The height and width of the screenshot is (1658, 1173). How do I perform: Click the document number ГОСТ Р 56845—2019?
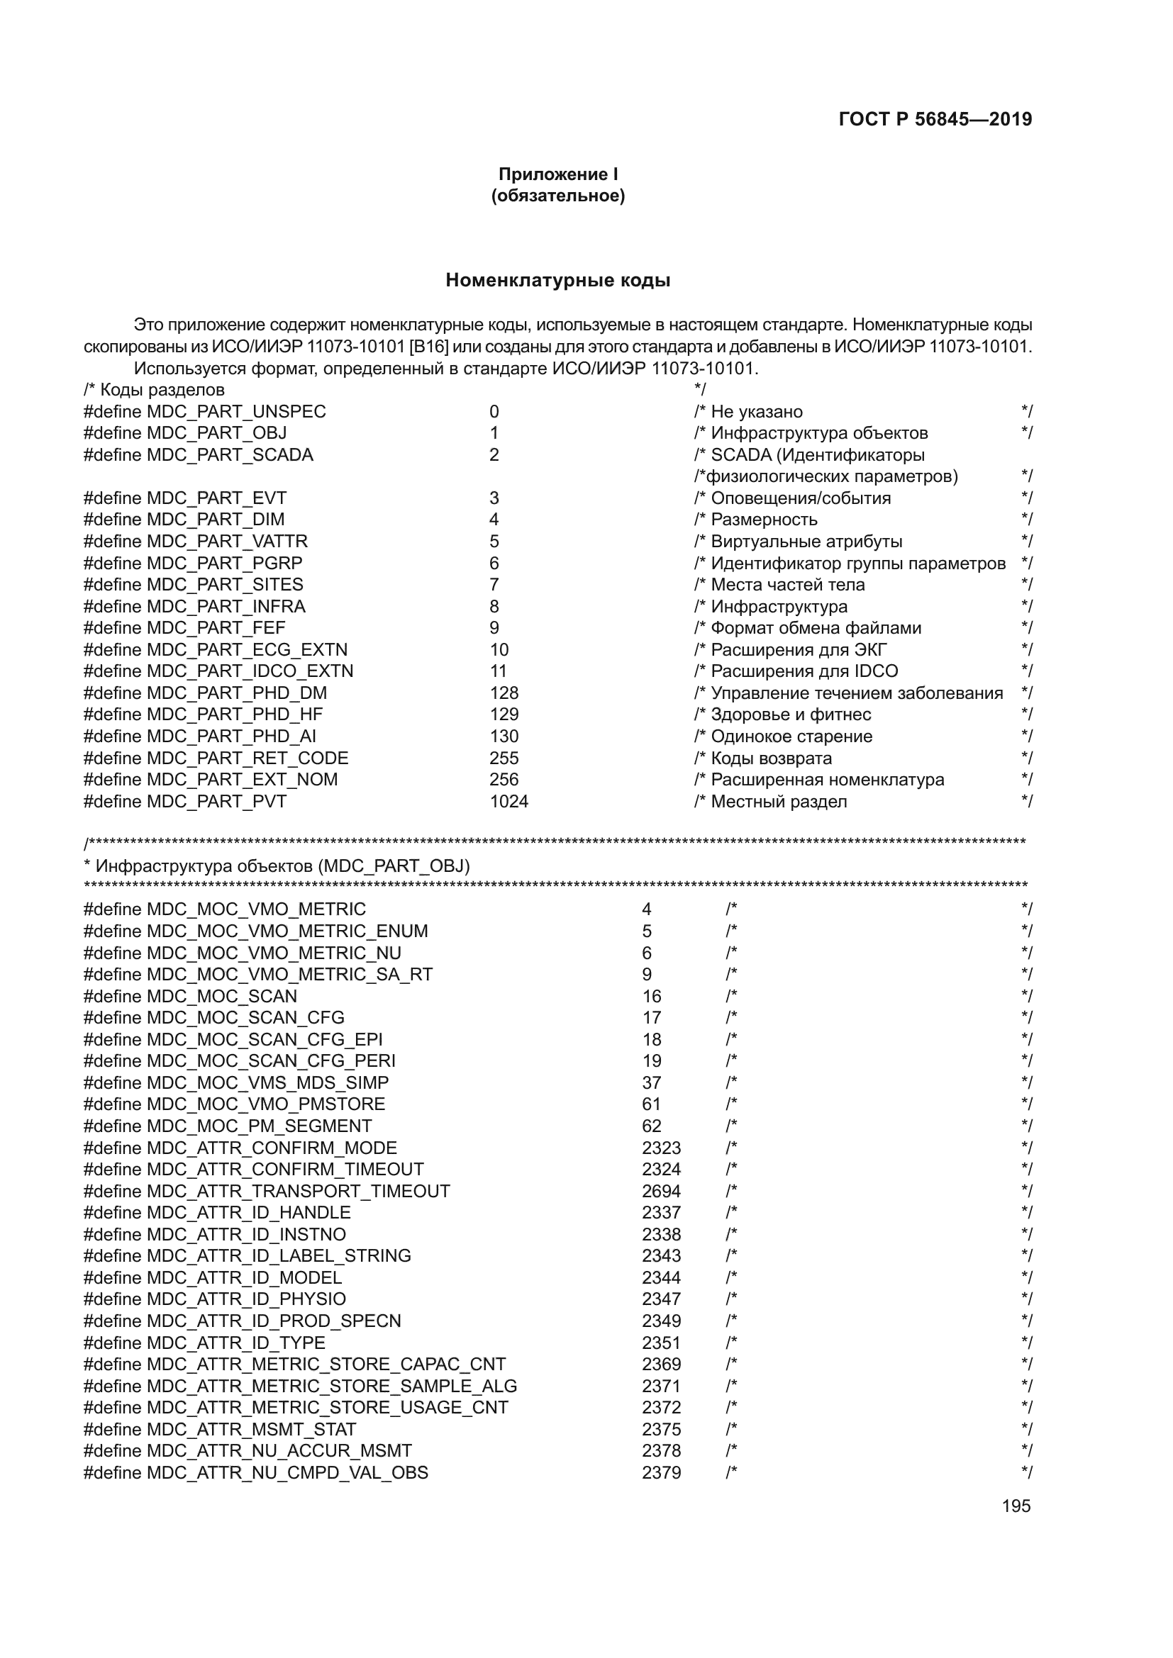pos(935,119)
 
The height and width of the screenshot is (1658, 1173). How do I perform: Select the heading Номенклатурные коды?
pos(557,280)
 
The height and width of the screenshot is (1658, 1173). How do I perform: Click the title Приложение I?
pos(557,174)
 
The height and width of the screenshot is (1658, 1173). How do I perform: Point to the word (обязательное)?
pos(557,196)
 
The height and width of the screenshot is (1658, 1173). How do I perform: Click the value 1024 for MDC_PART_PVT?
pos(508,802)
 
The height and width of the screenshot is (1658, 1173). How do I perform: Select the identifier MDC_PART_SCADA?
pos(230,455)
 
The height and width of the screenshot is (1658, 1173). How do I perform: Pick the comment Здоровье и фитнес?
pos(790,715)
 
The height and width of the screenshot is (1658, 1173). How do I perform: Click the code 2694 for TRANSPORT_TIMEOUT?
pos(661,1192)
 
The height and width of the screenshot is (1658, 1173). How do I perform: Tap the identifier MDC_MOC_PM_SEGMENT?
pos(259,1126)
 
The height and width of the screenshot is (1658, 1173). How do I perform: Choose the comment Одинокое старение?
pos(791,736)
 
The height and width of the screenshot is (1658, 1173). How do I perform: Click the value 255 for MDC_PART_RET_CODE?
pos(504,758)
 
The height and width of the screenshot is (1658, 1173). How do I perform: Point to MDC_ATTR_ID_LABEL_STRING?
pos(278,1256)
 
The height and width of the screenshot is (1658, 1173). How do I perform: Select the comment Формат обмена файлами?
pos(816,628)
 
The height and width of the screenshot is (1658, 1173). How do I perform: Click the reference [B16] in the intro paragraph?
pos(428,347)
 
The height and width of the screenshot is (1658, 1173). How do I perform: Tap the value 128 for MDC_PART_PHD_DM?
pos(504,693)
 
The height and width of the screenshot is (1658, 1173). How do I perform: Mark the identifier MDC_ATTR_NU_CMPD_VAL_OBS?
pos(287,1472)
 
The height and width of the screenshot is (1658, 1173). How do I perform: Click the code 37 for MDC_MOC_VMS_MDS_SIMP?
pos(651,1083)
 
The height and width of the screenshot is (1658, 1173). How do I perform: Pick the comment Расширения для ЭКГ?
pos(798,650)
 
